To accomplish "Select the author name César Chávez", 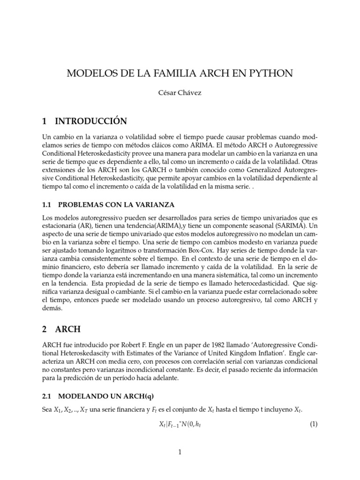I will click(180, 93).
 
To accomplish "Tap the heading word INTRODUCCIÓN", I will click(91, 121).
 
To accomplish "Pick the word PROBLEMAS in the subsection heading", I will click(82, 205).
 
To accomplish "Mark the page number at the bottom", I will click(180, 452).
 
